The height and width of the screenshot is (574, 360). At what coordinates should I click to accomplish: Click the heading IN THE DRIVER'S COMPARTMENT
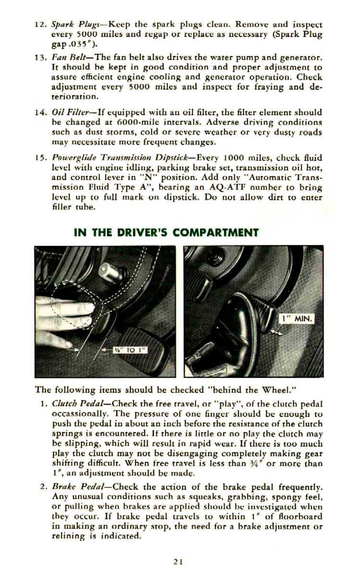pyautogui.click(x=166, y=233)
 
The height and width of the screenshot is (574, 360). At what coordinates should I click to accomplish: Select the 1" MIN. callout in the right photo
pyautogui.click(x=297, y=318)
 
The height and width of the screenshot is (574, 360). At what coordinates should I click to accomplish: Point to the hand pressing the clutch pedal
pyautogui.click(x=62, y=319)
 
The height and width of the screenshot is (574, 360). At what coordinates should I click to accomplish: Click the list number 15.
pyautogui.click(x=40, y=158)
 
